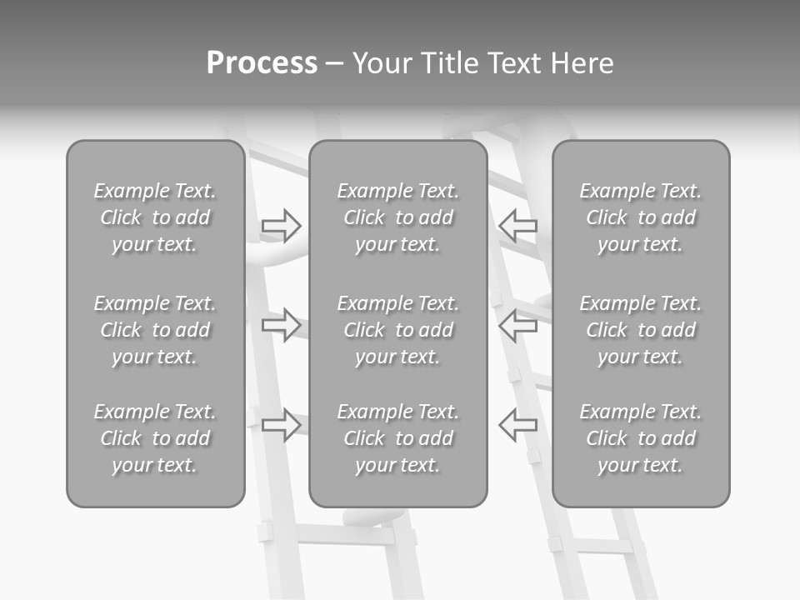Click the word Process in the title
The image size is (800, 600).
pos(262,63)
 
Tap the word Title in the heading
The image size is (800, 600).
pos(452,63)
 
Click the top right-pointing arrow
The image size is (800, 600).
pos(281,225)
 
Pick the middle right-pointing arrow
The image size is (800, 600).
pos(281,324)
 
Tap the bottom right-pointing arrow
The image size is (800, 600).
pos(281,424)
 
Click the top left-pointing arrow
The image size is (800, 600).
pos(518,225)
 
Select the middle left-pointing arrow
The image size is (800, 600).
pos(518,324)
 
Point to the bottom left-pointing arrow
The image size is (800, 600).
pos(518,424)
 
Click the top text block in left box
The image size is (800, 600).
pos(155,217)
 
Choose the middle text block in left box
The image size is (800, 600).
pos(155,330)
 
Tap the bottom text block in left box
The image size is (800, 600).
pos(155,438)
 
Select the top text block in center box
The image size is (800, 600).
pos(398,217)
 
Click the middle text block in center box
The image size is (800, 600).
pos(398,330)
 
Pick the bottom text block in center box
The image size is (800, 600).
pos(398,438)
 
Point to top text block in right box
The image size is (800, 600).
pos(641,217)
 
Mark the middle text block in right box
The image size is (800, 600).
pos(641,330)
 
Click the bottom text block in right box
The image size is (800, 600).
pos(641,438)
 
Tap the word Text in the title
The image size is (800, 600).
pos(515,63)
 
